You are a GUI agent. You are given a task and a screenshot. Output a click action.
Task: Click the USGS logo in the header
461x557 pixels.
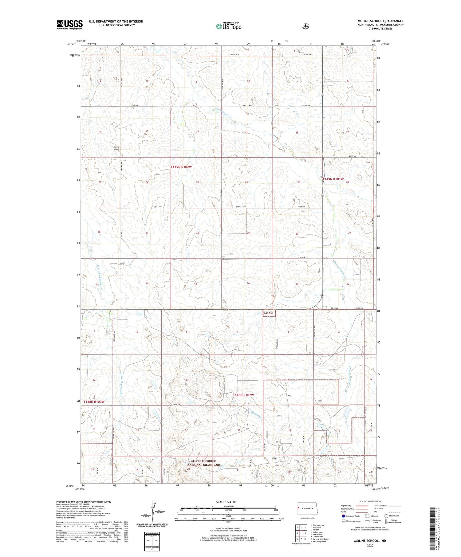click(x=69, y=25)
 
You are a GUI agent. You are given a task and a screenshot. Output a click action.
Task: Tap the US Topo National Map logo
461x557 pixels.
click(x=229, y=26)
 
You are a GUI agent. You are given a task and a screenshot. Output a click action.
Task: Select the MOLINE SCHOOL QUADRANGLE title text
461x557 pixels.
click(x=380, y=21)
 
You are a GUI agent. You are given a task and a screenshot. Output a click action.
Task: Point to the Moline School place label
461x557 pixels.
click(x=116, y=148)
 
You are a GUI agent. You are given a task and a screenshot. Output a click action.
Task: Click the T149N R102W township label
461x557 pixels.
click(x=181, y=167)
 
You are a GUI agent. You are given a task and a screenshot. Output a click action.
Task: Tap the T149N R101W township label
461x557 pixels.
click(x=333, y=179)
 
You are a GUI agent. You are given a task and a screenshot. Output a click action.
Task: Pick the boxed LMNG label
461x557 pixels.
click(x=268, y=313)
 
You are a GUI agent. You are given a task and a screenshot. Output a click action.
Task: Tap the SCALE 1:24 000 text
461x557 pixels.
click(x=226, y=502)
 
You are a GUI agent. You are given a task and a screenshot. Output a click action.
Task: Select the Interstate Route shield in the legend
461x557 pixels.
click(x=343, y=516)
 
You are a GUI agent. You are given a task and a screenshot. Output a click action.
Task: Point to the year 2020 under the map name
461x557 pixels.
click(x=370, y=546)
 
